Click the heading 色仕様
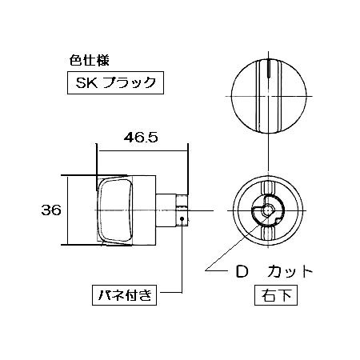click(x=89, y=61)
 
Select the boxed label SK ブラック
click(x=115, y=82)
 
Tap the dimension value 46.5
click(x=141, y=138)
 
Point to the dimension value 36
click(x=51, y=210)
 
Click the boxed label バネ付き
click(x=124, y=295)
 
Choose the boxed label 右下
click(x=276, y=295)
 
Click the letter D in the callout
click(x=242, y=271)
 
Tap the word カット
click(x=290, y=272)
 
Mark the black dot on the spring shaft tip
click(x=182, y=218)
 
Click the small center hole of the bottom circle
click(x=267, y=210)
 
